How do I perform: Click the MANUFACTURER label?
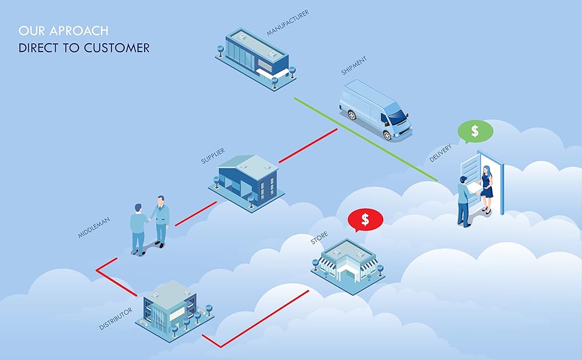point(288,22)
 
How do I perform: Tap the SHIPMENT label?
point(354,66)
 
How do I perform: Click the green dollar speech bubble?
point(475,131)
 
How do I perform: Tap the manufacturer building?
point(255,57)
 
